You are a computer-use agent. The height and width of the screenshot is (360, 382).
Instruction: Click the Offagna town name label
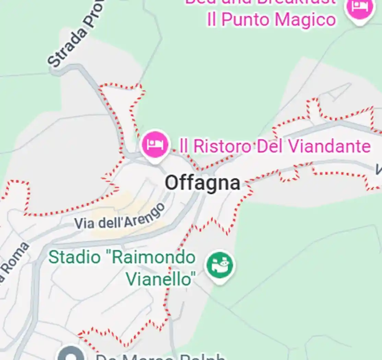pyautogui.click(x=202, y=183)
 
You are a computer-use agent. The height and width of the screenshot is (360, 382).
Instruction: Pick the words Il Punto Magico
pyautogui.click(x=271, y=20)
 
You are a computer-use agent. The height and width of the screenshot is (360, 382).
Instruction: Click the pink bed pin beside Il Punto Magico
pyautogui.click(x=359, y=9)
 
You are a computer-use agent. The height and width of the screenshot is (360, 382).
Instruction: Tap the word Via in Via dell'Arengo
pyautogui.click(x=84, y=223)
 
